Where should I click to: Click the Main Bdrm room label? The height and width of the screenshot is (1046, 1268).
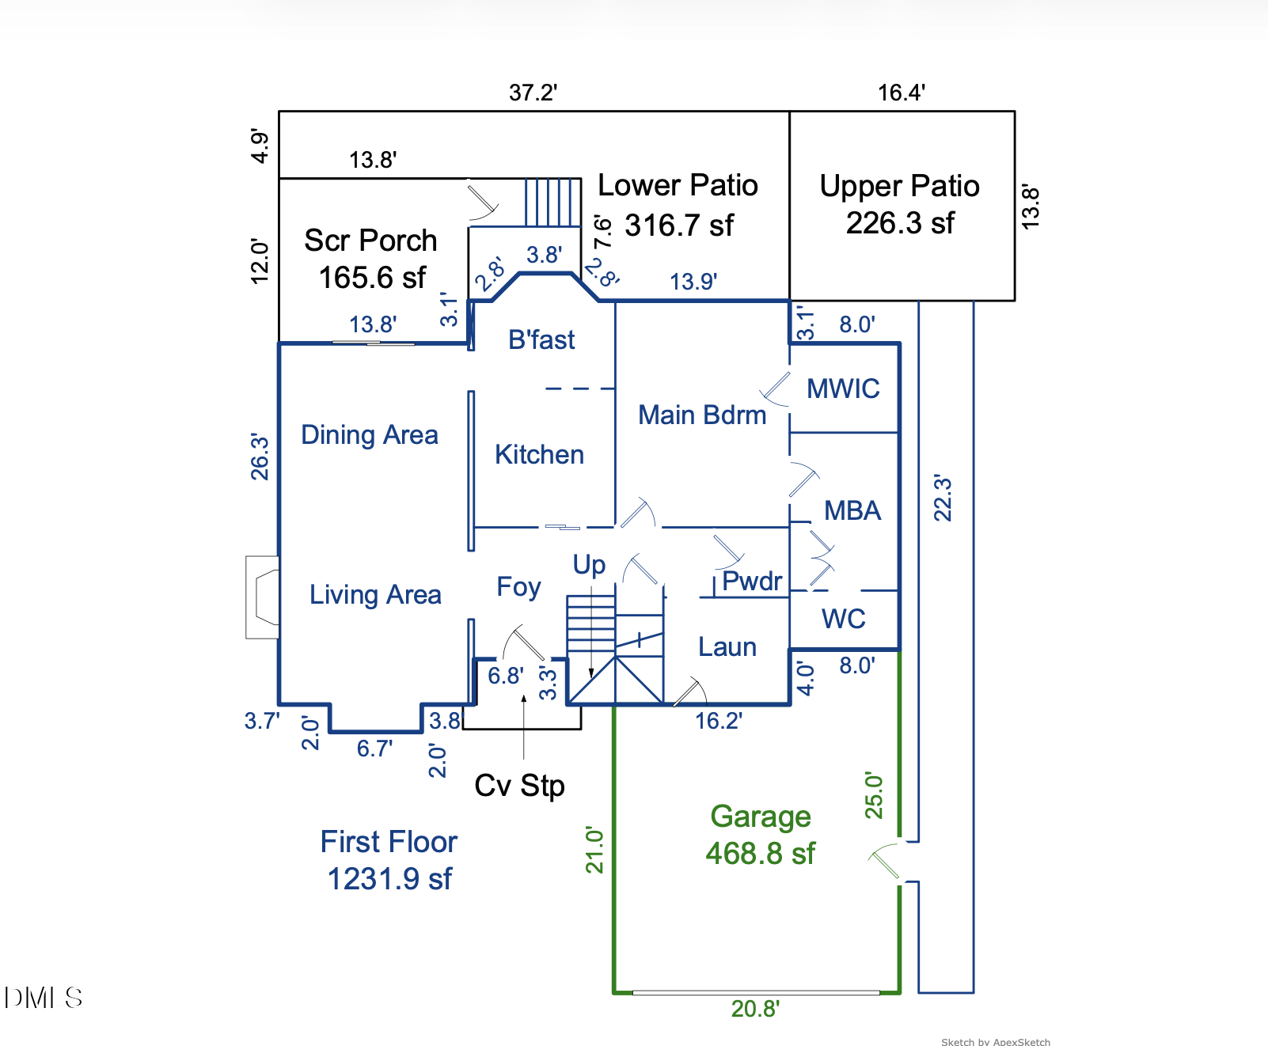(x=702, y=415)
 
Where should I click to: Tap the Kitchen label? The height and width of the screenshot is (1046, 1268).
(x=539, y=454)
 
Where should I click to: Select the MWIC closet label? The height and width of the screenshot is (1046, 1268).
(x=843, y=388)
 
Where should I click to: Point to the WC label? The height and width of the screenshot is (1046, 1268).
(x=844, y=618)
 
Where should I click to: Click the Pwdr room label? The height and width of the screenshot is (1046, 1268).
(x=752, y=581)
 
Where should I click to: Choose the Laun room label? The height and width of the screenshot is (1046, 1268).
(x=727, y=646)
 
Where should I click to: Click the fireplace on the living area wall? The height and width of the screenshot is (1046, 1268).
(x=262, y=597)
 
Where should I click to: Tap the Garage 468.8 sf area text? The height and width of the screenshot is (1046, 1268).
(x=760, y=835)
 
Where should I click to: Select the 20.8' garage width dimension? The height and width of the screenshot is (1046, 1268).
(x=755, y=1009)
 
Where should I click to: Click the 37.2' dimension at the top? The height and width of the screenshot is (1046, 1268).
(x=533, y=93)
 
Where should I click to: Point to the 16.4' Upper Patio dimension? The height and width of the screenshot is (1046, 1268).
(x=901, y=93)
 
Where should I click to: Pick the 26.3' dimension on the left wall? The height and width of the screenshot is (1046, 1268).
(x=260, y=457)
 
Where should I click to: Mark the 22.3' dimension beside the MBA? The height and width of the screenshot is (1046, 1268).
(x=942, y=498)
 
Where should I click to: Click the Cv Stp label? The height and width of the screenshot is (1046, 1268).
(x=519, y=786)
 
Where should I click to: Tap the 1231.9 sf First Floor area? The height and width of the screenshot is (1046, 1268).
(x=389, y=879)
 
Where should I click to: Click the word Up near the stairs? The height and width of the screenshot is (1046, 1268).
(x=589, y=565)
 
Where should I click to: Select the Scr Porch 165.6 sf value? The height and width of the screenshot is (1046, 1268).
(x=372, y=278)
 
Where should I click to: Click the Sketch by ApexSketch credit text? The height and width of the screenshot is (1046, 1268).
(x=996, y=1041)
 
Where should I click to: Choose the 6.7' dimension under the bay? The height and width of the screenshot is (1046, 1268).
(x=374, y=748)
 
